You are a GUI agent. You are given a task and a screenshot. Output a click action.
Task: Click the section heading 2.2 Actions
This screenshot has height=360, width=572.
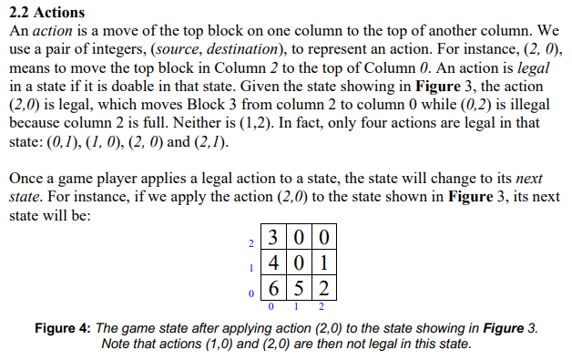pos(47,12)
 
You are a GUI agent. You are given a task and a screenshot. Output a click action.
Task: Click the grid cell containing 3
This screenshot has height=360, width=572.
pos(271,242)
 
